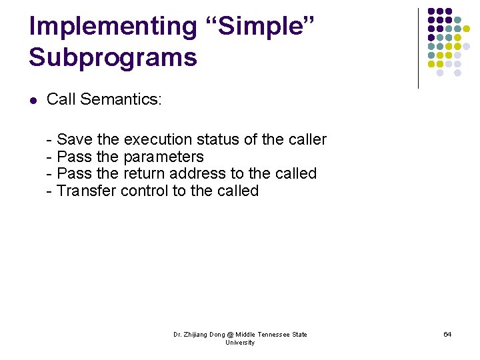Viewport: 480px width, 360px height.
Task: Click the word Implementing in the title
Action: pyautogui.click(x=113, y=27)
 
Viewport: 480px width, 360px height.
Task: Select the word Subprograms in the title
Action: pyautogui.click(x=113, y=57)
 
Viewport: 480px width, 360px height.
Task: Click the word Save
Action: pyautogui.click(x=75, y=139)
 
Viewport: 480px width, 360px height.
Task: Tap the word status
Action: pyautogui.click(x=218, y=139)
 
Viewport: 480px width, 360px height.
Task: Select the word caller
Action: pyautogui.click(x=307, y=139)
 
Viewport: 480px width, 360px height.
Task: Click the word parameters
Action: pyautogui.click(x=164, y=157)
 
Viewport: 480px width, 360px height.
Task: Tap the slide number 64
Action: pyautogui.click(x=447, y=334)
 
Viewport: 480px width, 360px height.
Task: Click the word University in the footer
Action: pyautogui.click(x=240, y=343)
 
